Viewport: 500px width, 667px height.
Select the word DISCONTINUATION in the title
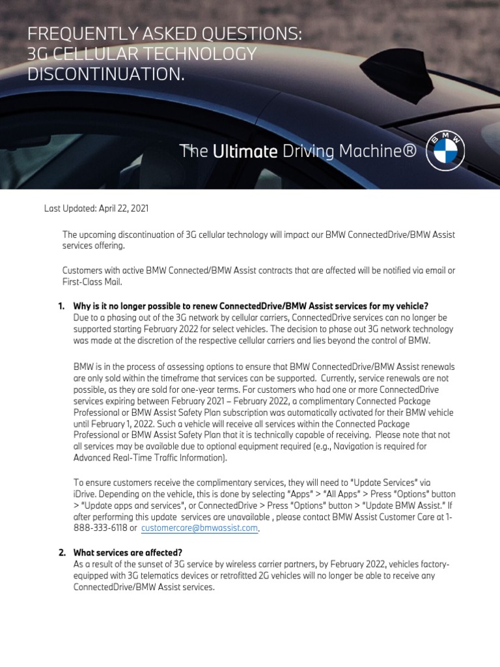click(105, 74)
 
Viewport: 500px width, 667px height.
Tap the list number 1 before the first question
click(61, 306)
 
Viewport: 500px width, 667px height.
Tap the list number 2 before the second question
click(61, 552)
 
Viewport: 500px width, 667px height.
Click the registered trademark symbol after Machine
click(409, 152)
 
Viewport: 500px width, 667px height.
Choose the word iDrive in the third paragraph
click(86, 494)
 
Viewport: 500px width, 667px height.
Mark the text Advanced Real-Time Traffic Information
click(149, 459)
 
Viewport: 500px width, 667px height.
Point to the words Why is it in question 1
click(92, 306)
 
